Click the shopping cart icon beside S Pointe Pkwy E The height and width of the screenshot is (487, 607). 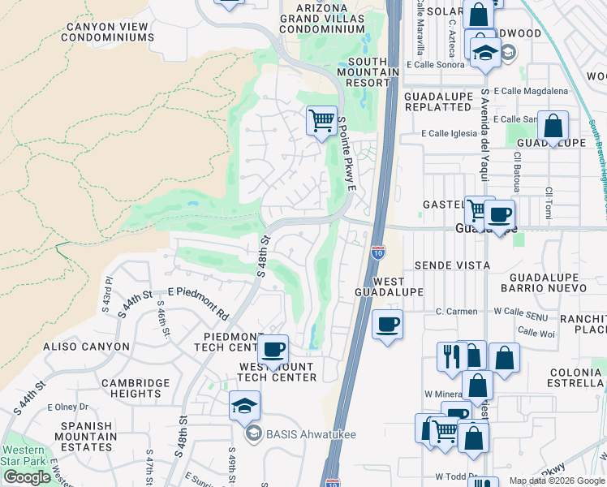tap(322, 121)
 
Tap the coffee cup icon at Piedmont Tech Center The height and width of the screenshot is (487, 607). tap(273, 350)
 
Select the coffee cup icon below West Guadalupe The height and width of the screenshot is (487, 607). tap(387, 325)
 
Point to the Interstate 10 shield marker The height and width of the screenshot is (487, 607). tap(378, 252)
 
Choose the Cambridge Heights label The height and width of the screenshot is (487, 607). tap(136, 388)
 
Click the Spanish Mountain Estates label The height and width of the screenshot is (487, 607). tap(80, 436)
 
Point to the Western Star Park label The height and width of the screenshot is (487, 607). tap(24, 456)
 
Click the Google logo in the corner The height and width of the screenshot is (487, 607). tap(27, 477)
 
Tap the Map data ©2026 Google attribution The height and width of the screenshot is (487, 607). tap(556, 481)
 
